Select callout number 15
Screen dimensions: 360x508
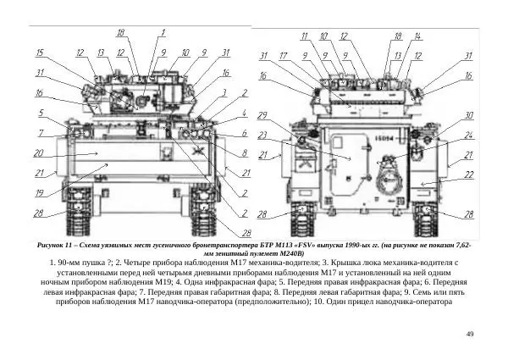pyautogui.click(x=40, y=53)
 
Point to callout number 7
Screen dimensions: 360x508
pyautogui.click(x=40, y=133)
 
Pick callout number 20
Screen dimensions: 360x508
pyautogui.click(x=39, y=154)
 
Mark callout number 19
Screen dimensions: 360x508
pyautogui.click(x=40, y=193)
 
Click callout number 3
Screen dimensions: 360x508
pyautogui.click(x=224, y=93)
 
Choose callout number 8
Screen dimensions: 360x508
pyautogui.click(x=245, y=153)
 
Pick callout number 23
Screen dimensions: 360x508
pyautogui.click(x=262, y=135)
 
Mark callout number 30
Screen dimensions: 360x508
pyautogui.click(x=468, y=114)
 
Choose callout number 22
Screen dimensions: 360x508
pyautogui.click(x=468, y=174)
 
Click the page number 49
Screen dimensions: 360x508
pyautogui.click(x=470, y=335)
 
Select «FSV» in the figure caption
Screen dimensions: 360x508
pyautogui.click(x=306, y=244)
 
